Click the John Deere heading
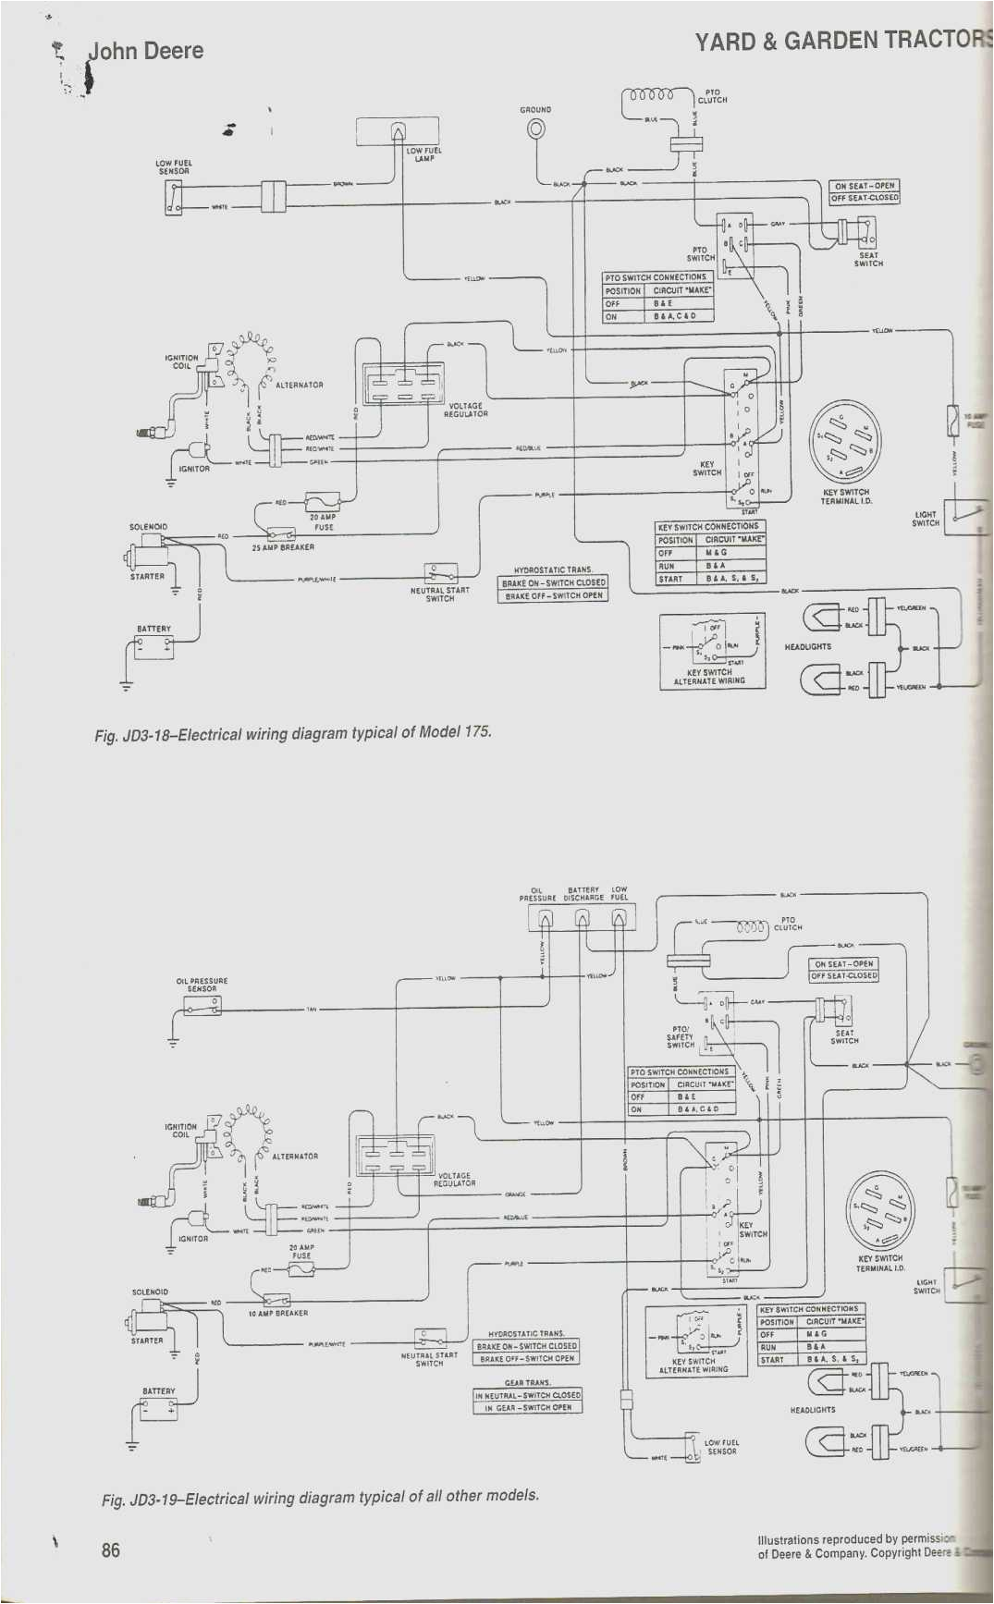pos(145,52)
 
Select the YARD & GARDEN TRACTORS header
pos(841,41)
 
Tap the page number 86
pos(111,1549)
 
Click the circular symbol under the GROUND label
pos(535,129)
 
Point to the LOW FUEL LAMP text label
pos(424,154)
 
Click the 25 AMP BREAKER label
pos(283,547)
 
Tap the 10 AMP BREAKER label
pos(278,1313)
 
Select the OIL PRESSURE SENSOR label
pos(202,985)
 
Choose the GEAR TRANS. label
pos(527,1383)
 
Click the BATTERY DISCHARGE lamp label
pos(583,894)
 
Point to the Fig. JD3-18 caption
pos(293,733)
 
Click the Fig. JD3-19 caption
pos(320,1497)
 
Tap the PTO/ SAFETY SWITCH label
pos(681,1036)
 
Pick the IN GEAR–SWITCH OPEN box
pos(528,1408)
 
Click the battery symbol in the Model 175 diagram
pos(153,647)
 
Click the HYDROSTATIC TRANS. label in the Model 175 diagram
pos(553,570)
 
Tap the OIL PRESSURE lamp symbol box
pos(545,918)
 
